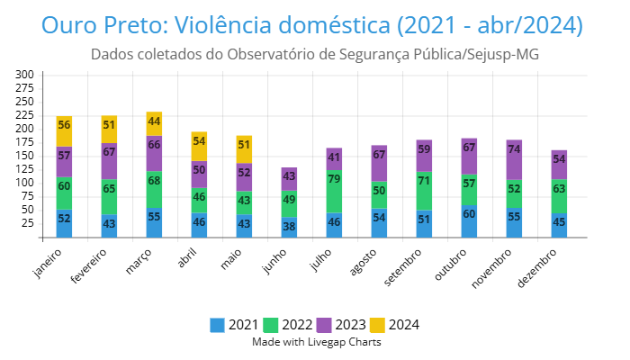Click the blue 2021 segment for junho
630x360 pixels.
[289, 228]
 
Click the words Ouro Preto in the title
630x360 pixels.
[100, 25]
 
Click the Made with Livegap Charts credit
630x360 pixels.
[316, 342]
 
